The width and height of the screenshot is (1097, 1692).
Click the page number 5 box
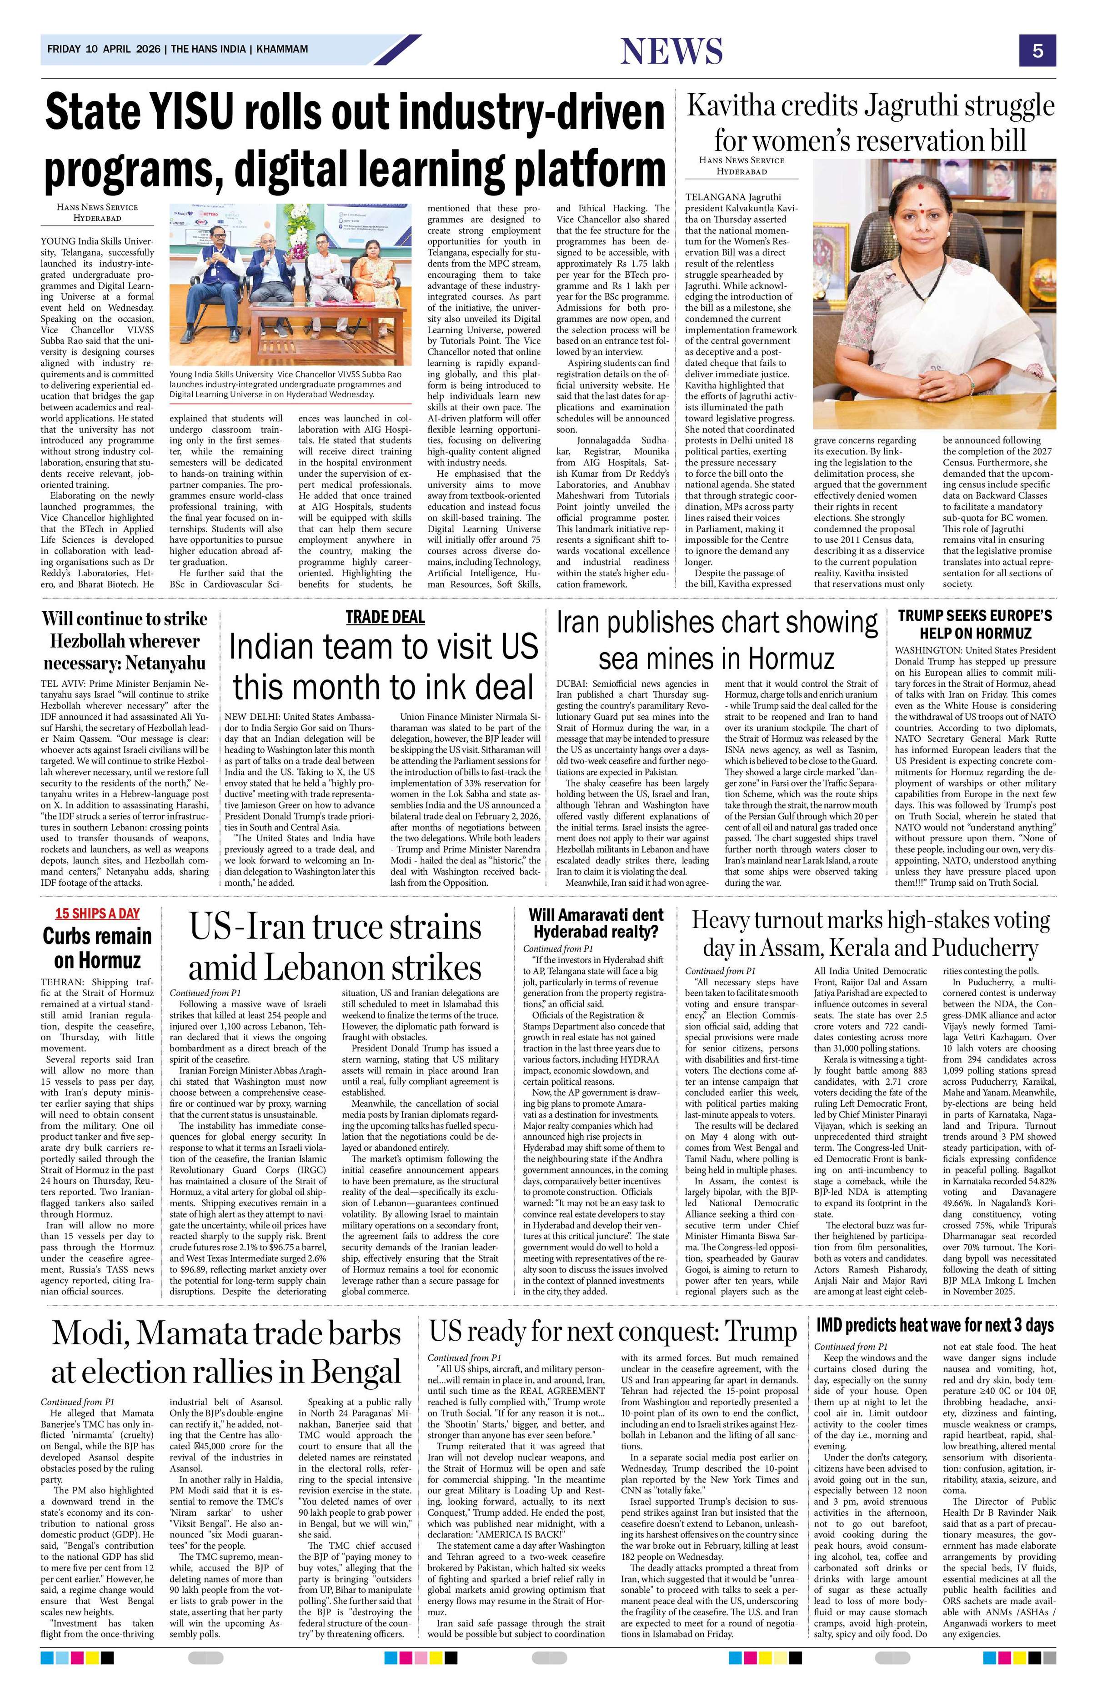coord(1038,50)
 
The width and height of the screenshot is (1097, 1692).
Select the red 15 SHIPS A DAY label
coord(97,913)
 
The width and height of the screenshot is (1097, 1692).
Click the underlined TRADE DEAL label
coord(385,616)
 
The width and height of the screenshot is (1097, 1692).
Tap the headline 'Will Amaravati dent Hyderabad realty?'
coord(596,922)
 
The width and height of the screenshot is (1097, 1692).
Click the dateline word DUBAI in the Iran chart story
coord(573,683)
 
